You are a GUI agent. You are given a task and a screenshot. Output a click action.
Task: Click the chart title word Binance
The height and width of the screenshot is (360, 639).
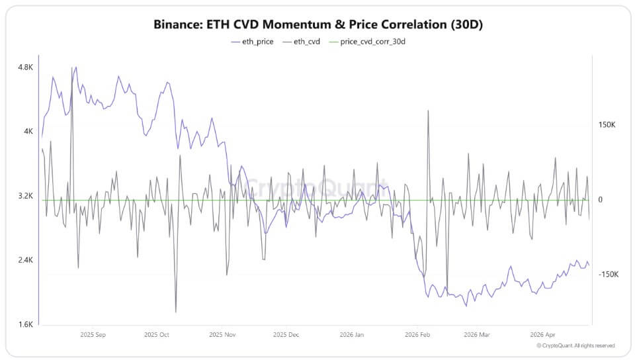[178, 24]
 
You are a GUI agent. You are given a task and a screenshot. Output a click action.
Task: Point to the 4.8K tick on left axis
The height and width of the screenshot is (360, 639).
[25, 67]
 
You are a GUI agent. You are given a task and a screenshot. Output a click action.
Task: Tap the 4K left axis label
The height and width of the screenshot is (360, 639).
[28, 132]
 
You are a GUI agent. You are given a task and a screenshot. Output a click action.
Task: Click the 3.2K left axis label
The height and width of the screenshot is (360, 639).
[25, 197]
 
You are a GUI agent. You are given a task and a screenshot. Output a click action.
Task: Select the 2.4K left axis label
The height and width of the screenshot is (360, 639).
[25, 261]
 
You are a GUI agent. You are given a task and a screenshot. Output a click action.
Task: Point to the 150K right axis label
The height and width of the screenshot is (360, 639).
[607, 125]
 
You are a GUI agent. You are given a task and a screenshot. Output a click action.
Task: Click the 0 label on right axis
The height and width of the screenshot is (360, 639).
[601, 200]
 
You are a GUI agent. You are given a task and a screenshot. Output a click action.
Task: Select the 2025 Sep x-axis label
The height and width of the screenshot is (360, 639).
[92, 335]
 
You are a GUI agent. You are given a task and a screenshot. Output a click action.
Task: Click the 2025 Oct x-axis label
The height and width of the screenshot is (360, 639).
[157, 335]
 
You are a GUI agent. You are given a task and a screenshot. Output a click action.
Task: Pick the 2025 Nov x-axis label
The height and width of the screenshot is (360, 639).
[222, 335]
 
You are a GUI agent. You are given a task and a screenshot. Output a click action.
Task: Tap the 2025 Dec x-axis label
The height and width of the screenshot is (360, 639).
[285, 335]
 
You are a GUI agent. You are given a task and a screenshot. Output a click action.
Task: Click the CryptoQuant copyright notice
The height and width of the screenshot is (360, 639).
[575, 345]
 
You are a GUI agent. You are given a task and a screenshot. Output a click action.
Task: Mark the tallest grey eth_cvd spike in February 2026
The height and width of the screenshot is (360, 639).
[429, 111]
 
